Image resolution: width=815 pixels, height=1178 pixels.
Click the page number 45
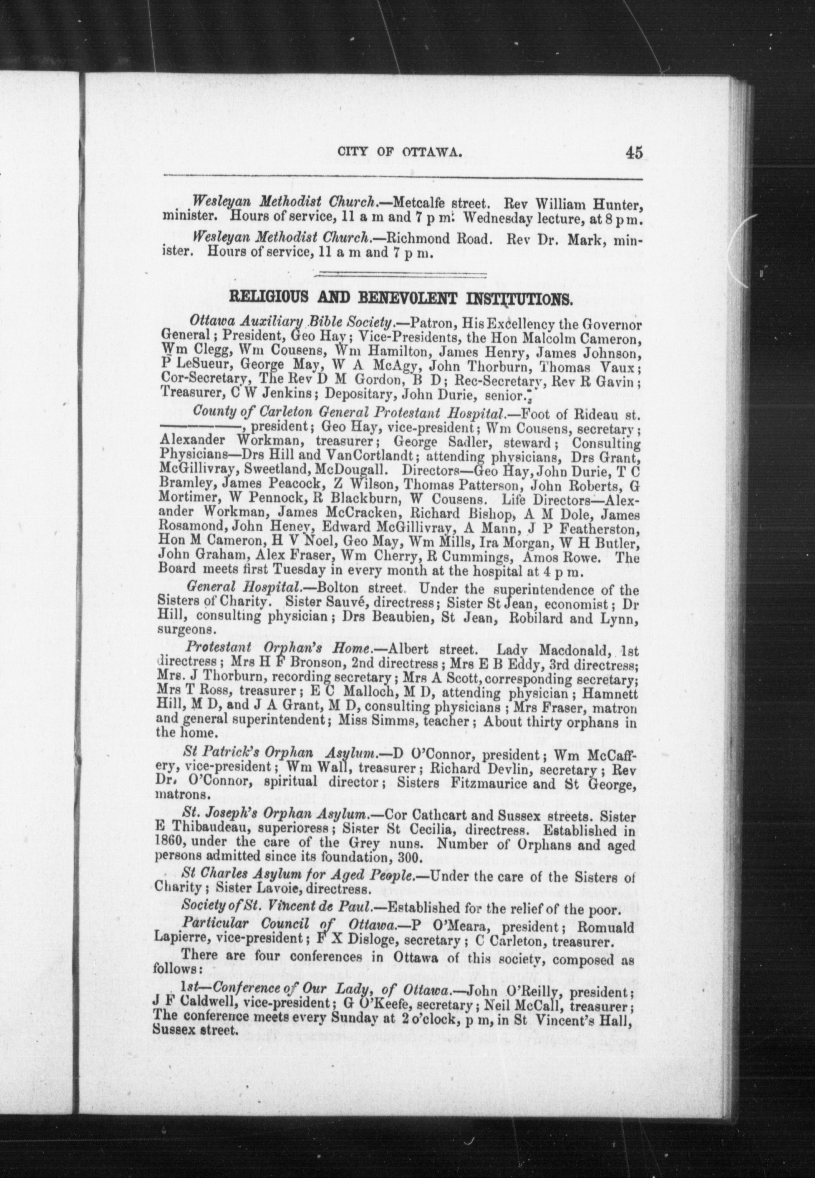[x=632, y=153]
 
